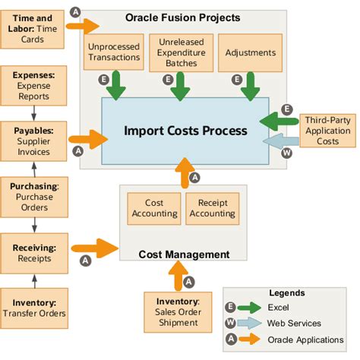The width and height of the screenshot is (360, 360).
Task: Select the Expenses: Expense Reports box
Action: click(x=33, y=84)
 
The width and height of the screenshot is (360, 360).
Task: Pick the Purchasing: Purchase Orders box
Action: click(x=33, y=196)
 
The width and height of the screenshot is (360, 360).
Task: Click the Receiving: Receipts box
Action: click(x=33, y=252)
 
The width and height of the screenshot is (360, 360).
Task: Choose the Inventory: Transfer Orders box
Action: click(x=33, y=306)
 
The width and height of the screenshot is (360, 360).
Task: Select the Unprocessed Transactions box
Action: click(x=114, y=51)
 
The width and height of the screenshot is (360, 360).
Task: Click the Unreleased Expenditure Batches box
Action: click(x=180, y=51)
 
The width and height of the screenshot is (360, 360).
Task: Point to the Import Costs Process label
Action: click(x=186, y=131)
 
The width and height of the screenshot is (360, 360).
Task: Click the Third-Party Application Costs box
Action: click(x=327, y=131)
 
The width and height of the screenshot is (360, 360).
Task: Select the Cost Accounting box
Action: click(x=154, y=208)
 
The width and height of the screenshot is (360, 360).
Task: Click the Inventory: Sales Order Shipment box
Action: click(x=176, y=311)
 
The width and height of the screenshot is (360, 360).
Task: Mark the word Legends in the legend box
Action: click(x=287, y=292)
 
